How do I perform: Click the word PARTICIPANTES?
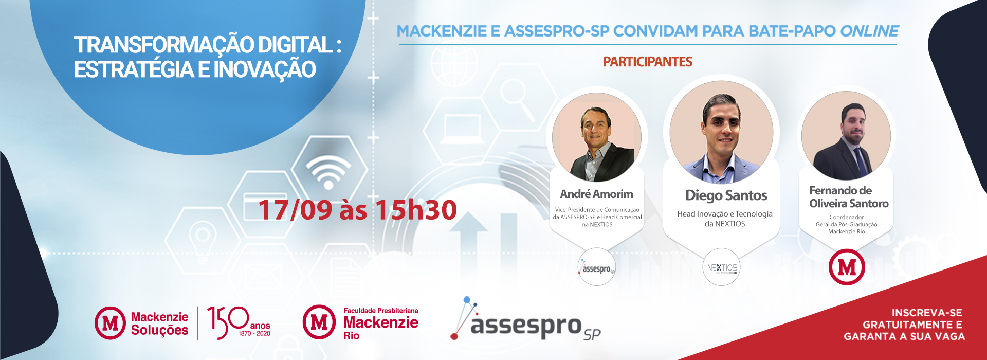[648, 62]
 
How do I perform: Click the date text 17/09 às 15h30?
[358, 210]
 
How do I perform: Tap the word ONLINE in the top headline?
[870, 31]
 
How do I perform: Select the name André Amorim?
[597, 194]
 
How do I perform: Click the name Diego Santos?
[726, 195]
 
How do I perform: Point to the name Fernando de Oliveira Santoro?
[848, 197]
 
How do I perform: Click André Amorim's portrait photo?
[597, 137]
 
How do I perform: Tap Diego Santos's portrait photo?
[721, 132]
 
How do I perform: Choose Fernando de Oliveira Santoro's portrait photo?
[846, 136]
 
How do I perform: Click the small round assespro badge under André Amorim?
[597, 267]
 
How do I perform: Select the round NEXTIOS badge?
[722, 267]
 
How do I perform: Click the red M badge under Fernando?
[847, 267]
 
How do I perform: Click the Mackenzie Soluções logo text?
[159, 323]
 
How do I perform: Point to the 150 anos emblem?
[239, 322]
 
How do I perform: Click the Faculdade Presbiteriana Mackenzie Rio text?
[381, 323]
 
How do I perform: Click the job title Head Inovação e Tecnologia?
[725, 214]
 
